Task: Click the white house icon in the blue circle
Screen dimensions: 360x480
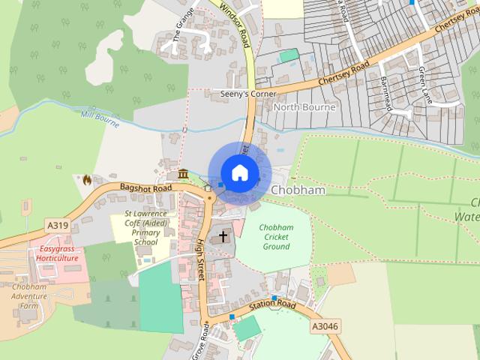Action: (x=239, y=172)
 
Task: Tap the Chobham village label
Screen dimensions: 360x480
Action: (x=298, y=190)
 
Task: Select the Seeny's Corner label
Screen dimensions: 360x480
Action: (x=243, y=94)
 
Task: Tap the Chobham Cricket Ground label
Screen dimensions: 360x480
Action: (x=275, y=236)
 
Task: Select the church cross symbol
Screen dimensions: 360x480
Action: (x=222, y=237)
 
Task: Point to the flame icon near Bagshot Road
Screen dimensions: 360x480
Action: (x=87, y=179)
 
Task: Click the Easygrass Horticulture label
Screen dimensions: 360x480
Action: (x=59, y=253)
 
